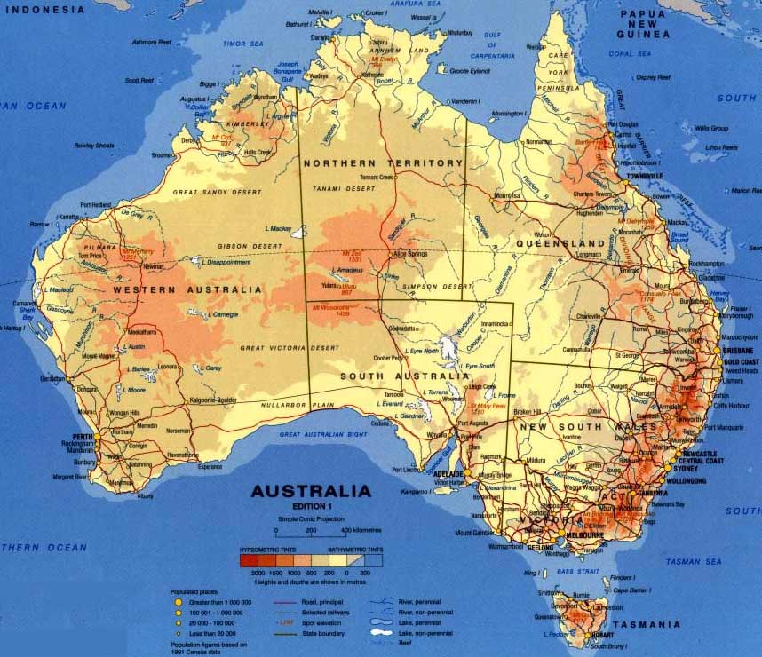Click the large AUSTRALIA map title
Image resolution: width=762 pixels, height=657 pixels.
click(x=311, y=491)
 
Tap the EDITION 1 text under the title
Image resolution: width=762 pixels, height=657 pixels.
click(x=310, y=505)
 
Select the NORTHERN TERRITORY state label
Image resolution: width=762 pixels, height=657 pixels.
click(x=383, y=163)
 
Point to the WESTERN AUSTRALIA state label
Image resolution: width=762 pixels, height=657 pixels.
click(x=188, y=289)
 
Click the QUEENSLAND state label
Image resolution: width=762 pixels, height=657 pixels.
click(x=567, y=243)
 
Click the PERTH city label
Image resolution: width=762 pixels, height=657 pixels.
click(x=83, y=436)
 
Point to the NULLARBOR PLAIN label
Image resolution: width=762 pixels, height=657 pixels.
click(x=298, y=405)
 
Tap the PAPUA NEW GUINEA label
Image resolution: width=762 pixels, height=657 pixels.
click(x=643, y=24)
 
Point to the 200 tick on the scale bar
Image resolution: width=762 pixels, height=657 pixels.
click(x=311, y=532)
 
